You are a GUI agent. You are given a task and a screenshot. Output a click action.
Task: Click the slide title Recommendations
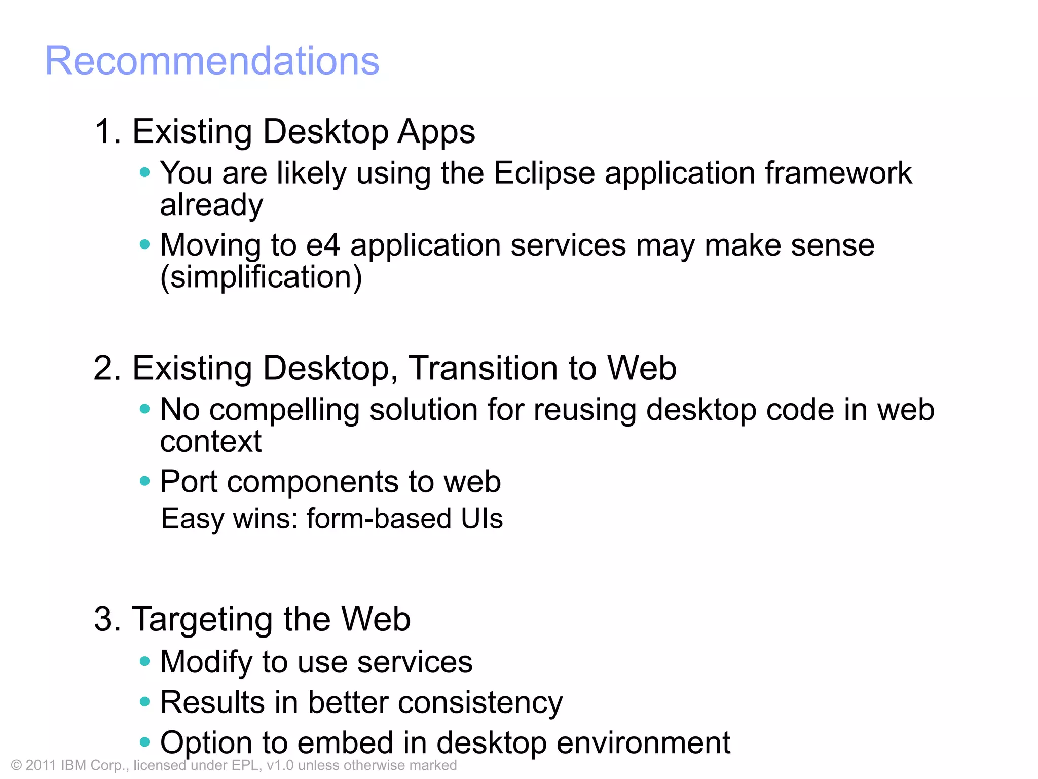[x=212, y=61]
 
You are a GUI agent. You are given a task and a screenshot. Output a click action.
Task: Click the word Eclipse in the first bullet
[x=544, y=173]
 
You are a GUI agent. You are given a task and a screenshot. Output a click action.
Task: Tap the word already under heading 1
[x=211, y=205]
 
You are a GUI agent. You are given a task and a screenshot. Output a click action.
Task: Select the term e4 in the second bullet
[x=323, y=245]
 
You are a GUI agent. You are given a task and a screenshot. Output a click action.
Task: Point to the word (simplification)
[x=261, y=277]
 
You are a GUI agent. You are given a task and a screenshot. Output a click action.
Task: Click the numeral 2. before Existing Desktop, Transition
[x=107, y=368]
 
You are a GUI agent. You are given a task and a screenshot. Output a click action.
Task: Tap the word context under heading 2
[x=211, y=441]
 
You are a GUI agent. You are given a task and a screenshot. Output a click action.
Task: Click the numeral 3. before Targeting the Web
[x=107, y=619]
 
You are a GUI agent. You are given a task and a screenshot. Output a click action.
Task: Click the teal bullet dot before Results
[x=145, y=702]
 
